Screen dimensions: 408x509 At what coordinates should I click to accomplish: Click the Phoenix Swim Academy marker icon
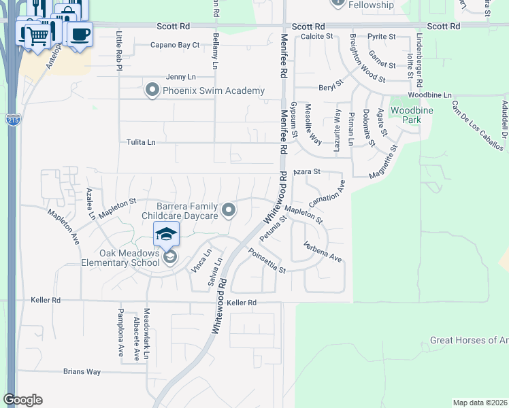[x=152, y=90]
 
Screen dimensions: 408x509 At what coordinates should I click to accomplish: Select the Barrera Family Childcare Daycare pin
[x=229, y=211]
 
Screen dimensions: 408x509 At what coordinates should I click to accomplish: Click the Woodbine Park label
[x=406, y=115]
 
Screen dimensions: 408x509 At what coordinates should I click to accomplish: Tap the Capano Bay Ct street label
[x=176, y=46]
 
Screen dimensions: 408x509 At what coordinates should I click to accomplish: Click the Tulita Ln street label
[x=141, y=142]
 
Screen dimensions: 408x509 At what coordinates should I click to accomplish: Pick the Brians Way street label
[x=82, y=372]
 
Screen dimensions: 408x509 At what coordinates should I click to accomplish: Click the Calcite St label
[x=317, y=36]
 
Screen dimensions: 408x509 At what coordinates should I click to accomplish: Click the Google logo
[x=22, y=400]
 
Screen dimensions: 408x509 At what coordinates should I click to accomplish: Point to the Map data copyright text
[x=480, y=403]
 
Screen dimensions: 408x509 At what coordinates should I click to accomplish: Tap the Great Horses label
[x=469, y=340]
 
